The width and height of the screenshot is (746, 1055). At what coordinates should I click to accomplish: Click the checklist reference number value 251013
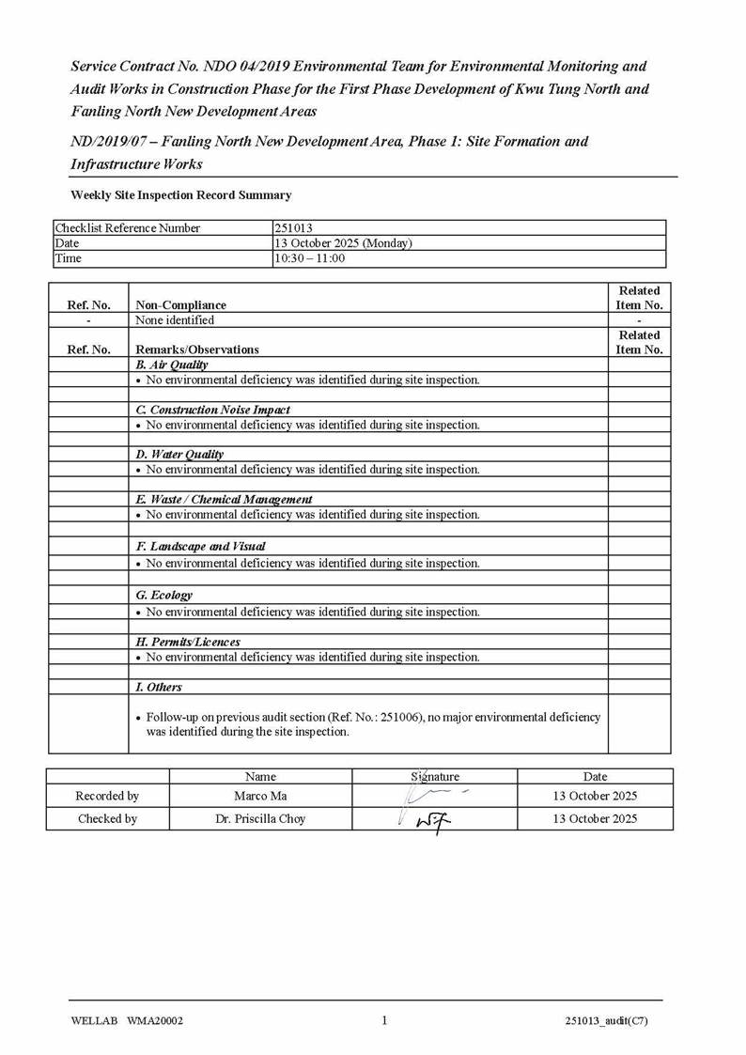pos(293,228)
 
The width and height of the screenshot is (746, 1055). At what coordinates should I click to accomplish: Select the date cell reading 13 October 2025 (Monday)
pos(343,243)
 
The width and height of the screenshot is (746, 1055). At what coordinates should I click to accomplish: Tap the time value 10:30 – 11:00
pos(309,258)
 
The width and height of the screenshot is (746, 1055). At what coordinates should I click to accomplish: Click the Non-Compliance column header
pos(181,304)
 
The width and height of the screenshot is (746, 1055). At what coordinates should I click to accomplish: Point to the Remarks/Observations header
pos(197,349)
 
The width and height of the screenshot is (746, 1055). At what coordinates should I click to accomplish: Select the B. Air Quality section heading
pos(172,365)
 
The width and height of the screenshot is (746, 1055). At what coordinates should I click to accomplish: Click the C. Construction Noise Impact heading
pos(213,410)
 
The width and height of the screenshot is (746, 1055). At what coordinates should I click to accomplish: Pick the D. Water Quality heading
pos(179,455)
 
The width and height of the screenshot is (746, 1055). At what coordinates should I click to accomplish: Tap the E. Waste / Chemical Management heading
pos(225,500)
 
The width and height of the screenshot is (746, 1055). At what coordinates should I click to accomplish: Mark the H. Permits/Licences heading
pos(188,642)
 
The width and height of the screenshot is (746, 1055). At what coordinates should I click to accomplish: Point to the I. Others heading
pos(159,688)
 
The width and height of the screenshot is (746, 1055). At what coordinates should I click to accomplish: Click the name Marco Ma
pos(260,797)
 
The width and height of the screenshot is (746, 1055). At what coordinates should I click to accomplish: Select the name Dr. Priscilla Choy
pos(260,819)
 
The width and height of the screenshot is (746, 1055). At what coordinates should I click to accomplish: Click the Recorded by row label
pos(107,797)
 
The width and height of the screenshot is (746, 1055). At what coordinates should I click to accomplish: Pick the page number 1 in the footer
pos(384,1021)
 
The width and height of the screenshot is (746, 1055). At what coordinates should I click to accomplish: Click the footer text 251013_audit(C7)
pos(606,1022)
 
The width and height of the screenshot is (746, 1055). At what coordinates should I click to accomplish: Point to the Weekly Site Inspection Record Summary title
pos(181,195)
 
